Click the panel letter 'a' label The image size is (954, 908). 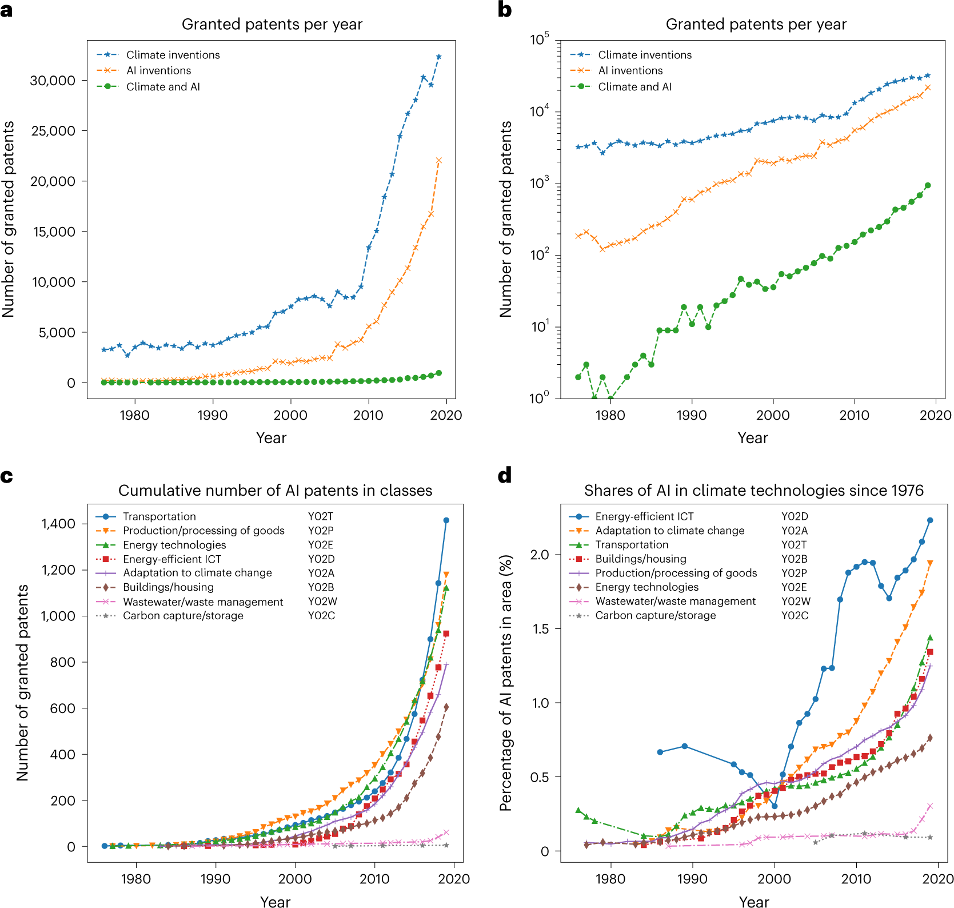(x=6, y=10)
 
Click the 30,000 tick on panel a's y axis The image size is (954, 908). (x=52, y=81)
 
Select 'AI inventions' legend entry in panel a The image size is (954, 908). (x=158, y=70)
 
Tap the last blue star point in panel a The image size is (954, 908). (x=438, y=57)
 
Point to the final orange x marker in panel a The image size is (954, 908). (x=438, y=161)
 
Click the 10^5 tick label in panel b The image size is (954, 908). (x=539, y=39)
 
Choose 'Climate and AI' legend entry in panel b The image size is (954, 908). (x=634, y=87)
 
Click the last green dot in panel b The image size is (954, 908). (x=928, y=185)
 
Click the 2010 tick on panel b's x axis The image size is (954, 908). (x=854, y=415)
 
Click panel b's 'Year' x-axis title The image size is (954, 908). (x=753, y=438)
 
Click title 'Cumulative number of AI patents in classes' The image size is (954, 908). (x=275, y=491)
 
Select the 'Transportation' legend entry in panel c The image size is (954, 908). (x=159, y=516)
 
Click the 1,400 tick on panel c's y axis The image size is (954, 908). (x=58, y=524)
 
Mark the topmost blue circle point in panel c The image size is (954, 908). (x=446, y=520)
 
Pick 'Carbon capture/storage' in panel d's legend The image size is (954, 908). (x=655, y=615)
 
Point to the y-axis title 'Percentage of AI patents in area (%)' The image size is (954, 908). (x=505, y=682)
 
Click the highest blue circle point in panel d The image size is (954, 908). (x=930, y=520)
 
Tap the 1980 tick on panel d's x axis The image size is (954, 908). (x=610, y=879)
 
